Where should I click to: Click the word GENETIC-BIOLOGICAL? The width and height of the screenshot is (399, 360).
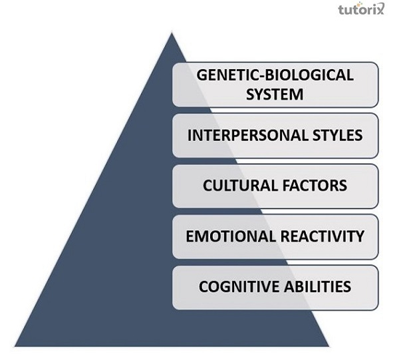(275, 75)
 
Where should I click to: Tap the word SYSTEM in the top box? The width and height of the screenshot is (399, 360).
(275, 94)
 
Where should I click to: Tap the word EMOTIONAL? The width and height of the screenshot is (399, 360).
(231, 236)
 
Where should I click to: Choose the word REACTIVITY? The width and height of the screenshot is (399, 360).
(323, 236)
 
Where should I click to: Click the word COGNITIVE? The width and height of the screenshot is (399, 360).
(239, 286)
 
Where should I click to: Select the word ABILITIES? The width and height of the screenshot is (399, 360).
(318, 286)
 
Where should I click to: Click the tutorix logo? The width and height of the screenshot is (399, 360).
(361, 9)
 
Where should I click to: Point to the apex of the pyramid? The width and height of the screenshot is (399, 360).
(172, 33)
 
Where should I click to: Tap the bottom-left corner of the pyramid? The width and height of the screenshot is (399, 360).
(15, 346)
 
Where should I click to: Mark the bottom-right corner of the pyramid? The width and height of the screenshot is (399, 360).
(329, 346)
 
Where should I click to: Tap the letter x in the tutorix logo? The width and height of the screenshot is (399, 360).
(379, 10)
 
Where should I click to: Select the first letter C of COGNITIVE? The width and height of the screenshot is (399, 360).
(204, 286)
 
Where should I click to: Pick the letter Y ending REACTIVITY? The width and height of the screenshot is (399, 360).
(360, 236)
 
